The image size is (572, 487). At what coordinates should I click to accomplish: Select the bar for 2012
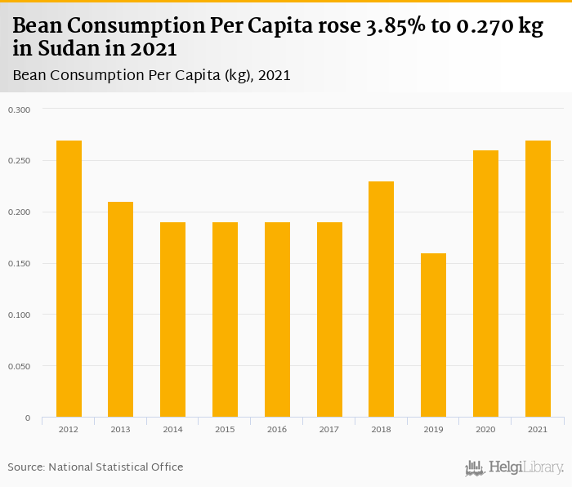tap(69, 279)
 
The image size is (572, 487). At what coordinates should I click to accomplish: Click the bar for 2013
tap(121, 310)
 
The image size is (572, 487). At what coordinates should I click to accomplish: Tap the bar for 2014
tap(172, 319)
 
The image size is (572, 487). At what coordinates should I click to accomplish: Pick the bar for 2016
tap(277, 319)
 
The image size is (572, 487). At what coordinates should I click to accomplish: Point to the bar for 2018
tap(381, 299)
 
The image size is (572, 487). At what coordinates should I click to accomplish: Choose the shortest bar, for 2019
tap(433, 335)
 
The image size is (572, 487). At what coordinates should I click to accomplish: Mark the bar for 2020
tap(485, 284)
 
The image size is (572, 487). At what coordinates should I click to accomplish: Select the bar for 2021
tap(538, 279)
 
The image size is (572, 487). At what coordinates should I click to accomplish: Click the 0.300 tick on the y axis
tap(19, 109)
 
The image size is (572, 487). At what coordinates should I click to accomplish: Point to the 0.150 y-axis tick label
tap(19, 264)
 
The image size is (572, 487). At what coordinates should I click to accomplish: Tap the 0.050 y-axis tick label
tap(19, 367)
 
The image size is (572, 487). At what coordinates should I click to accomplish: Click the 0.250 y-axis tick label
tap(19, 161)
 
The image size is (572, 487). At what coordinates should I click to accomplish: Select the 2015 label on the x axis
tap(225, 428)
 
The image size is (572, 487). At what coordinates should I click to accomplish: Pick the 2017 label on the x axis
tap(329, 428)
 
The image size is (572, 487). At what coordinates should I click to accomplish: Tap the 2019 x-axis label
tap(433, 428)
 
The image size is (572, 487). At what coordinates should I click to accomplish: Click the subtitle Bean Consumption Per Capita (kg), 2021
tap(152, 75)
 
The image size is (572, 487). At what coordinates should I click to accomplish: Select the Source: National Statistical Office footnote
tap(96, 467)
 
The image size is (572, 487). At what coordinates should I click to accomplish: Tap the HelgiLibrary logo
tap(515, 467)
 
